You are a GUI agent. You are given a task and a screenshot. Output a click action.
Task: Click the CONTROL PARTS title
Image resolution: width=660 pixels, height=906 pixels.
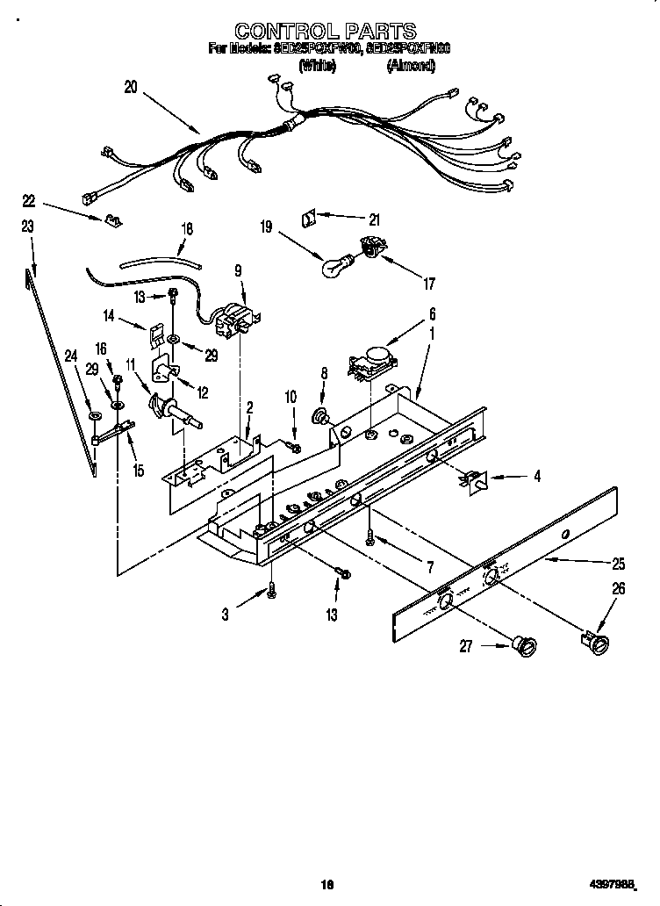point(327,33)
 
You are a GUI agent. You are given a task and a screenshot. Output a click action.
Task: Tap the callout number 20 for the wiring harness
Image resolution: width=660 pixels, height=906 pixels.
point(131,87)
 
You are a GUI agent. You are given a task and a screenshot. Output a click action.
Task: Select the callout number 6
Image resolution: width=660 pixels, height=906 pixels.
point(431,313)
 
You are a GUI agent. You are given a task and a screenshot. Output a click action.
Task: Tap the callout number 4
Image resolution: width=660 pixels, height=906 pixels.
point(537,478)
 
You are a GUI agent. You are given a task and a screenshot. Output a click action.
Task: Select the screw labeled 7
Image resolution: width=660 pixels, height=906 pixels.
point(371,533)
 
